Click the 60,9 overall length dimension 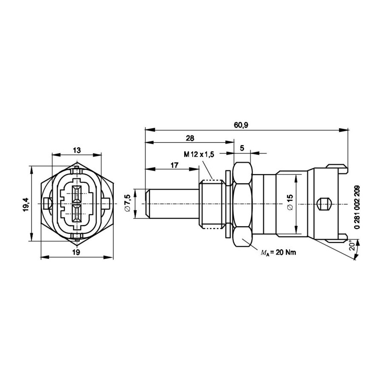coord(241,125)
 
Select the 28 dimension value coord(190,138)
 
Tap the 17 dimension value coord(174,165)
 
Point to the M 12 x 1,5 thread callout coord(199,154)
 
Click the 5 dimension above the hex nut coord(242,148)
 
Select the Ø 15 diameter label coord(291,202)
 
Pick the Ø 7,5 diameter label coord(128,203)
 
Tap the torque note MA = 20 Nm coord(278,253)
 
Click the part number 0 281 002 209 coord(357,207)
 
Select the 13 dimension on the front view coord(77,150)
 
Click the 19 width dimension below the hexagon coord(76,252)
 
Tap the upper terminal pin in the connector coord(77,194)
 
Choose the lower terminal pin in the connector coord(77,213)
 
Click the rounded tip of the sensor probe coord(147,203)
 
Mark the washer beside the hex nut coord(228,204)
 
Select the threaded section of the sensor coord(211,204)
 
